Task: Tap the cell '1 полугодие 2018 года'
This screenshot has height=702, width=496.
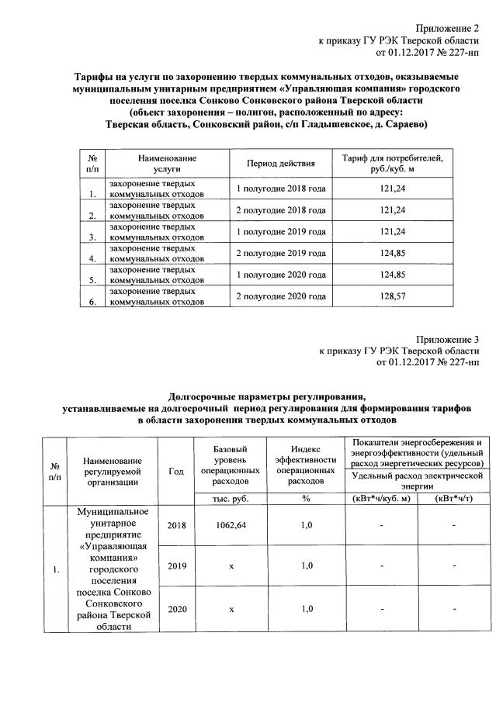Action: (280, 188)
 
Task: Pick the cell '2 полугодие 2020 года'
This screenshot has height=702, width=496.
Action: (280, 297)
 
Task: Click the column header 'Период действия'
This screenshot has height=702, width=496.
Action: (280, 164)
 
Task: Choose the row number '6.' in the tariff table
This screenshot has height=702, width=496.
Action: (93, 303)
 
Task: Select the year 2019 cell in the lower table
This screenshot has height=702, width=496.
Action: (176, 566)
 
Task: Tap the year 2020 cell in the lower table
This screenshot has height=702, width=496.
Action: (176, 608)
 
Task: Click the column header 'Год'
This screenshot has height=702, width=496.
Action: (176, 470)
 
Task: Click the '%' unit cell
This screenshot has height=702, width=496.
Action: (306, 499)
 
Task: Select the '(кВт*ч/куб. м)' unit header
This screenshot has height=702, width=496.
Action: (381, 499)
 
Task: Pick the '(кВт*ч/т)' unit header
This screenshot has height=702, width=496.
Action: (454, 499)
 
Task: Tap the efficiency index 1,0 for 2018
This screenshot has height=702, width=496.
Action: (306, 525)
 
